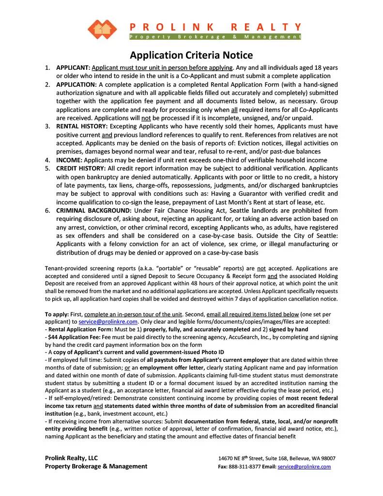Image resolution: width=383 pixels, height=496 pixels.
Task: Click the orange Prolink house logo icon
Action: (x=103, y=30)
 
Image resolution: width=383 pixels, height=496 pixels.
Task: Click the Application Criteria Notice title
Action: (x=191, y=55)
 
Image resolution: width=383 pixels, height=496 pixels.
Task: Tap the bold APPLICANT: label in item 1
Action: (x=73, y=68)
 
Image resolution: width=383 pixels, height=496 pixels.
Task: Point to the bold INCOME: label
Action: (x=70, y=160)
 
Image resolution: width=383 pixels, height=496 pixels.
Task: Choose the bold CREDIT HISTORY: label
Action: (x=80, y=169)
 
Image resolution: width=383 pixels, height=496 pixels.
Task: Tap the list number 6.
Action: (x=47, y=211)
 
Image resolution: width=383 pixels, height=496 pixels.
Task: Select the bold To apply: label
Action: (x=57, y=314)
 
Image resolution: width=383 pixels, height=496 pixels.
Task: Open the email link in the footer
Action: (x=304, y=466)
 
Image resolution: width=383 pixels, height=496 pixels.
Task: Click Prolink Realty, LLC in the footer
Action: (x=71, y=458)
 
